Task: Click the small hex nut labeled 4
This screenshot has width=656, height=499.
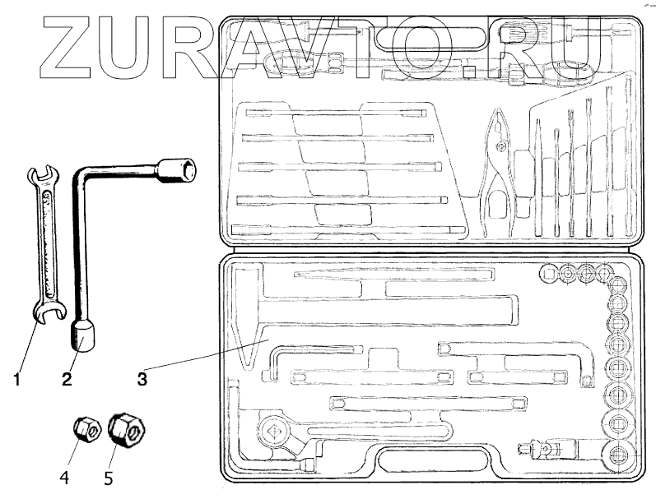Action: coord(86,428)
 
